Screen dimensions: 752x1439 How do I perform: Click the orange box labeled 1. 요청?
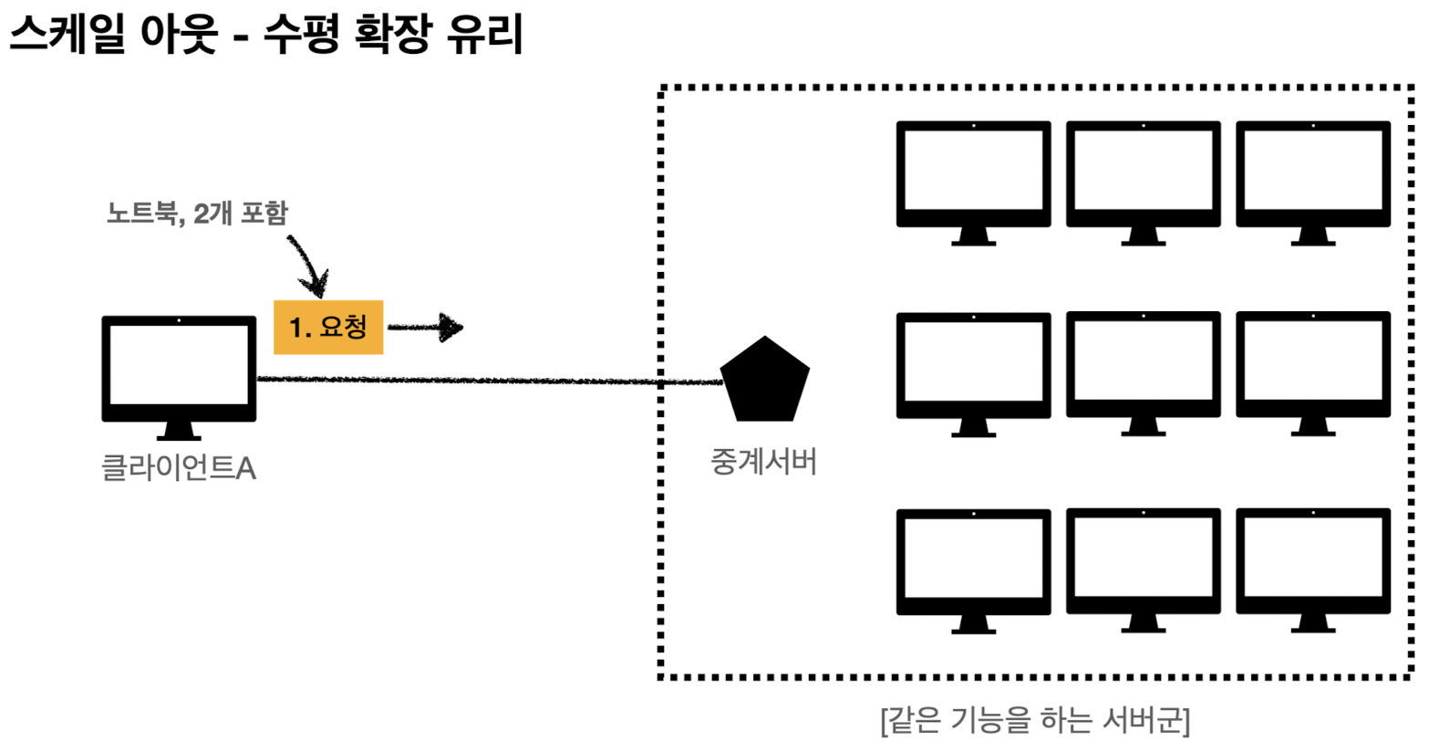coord(328,327)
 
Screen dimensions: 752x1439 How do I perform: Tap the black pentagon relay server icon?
coord(764,381)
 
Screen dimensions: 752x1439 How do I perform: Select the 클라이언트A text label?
coord(179,468)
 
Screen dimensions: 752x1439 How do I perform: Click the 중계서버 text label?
coord(763,462)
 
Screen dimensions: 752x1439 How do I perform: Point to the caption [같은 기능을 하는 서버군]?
coord(1035,720)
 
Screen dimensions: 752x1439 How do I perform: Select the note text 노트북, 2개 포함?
coord(197,213)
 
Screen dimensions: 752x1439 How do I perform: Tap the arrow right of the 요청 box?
coord(427,327)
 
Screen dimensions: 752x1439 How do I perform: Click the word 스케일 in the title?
coord(67,35)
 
